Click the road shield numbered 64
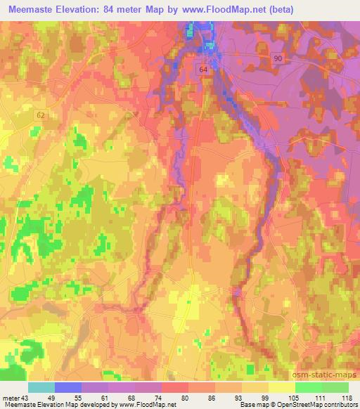[x=204, y=70]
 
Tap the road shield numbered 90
[x=278, y=60]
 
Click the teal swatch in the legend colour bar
[x=41, y=387]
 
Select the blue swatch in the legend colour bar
[x=68, y=387]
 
